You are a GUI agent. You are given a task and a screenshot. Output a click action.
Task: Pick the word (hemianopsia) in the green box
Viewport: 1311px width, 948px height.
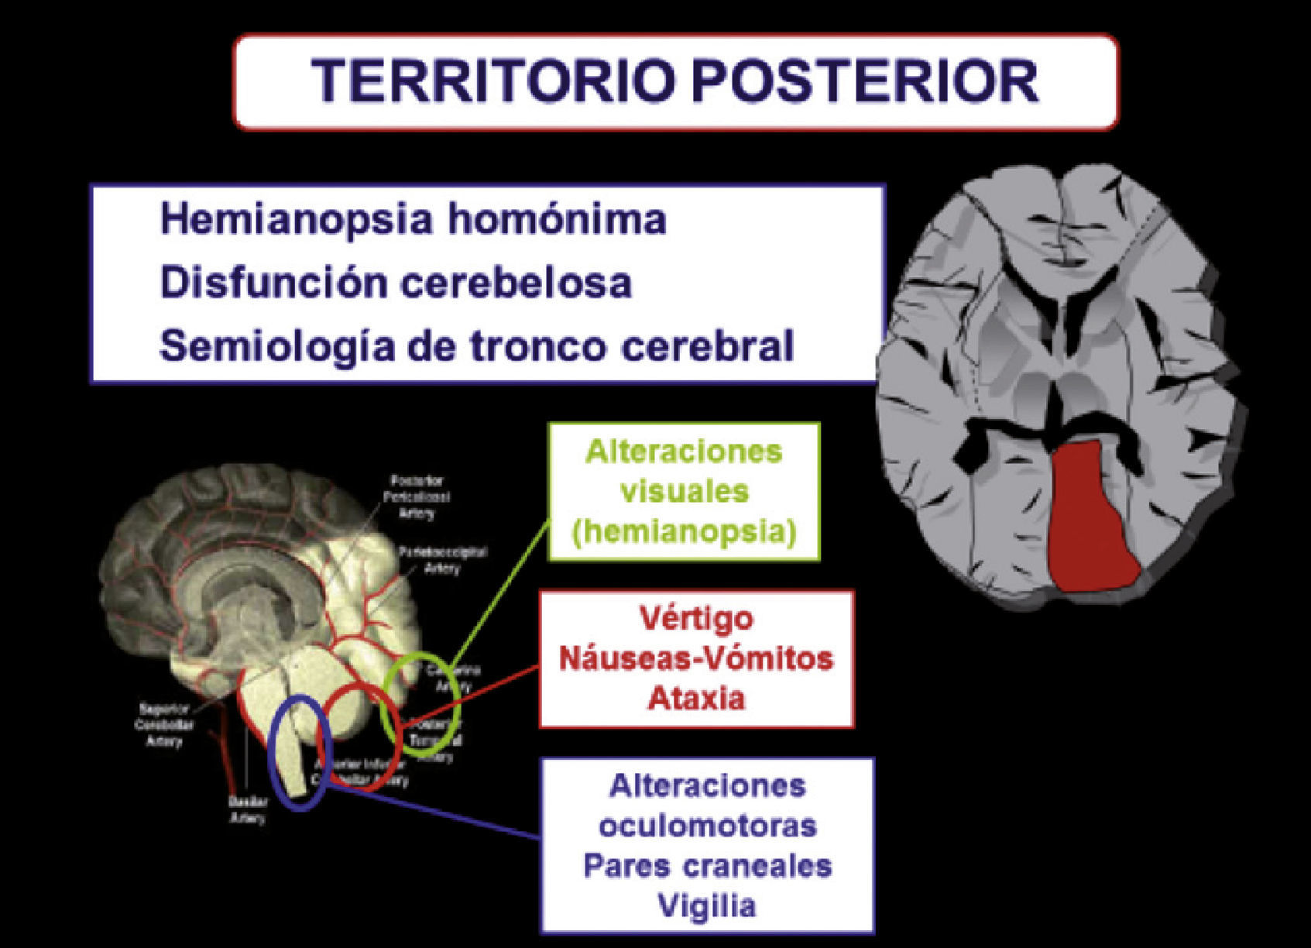684,532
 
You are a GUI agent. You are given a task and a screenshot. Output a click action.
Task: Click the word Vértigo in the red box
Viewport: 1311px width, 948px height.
696,618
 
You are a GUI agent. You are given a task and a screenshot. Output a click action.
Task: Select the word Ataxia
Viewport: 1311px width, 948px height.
696,699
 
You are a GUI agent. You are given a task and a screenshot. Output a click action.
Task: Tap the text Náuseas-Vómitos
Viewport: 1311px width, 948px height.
696,658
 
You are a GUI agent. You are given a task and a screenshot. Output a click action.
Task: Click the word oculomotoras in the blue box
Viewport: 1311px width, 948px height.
708,826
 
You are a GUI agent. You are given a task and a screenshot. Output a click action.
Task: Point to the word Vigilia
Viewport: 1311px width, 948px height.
706,906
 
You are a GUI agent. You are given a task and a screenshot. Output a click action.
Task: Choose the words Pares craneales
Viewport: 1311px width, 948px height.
708,866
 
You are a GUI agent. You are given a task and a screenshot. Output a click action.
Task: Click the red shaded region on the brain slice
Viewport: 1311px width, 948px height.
1093,519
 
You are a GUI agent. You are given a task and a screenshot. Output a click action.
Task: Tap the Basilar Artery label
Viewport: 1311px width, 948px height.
248,810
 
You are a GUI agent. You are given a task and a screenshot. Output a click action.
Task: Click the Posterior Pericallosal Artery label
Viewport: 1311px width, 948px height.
417,496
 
